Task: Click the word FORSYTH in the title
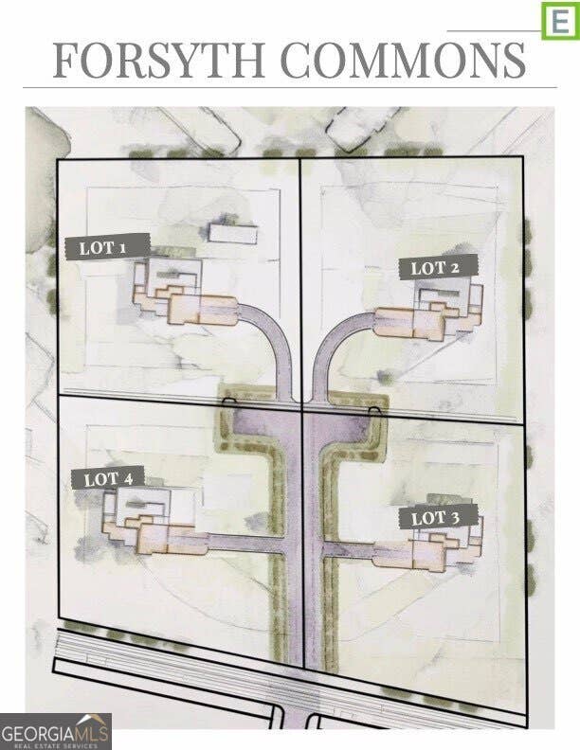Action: (x=158, y=61)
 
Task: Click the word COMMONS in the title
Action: (x=403, y=61)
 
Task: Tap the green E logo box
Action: (x=560, y=21)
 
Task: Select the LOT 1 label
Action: (x=108, y=247)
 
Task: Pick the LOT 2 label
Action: (x=439, y=267)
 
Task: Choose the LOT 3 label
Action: (x=439, y=517)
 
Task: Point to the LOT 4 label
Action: (x=108, y=478)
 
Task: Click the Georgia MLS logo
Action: (x=56, y=731)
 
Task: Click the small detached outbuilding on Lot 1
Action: (x=233, y=233)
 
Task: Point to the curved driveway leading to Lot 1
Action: (x=272, y=335)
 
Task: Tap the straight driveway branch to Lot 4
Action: (x=246, y=544)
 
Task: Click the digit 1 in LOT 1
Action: (x=122, y=247)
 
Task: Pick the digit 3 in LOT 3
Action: (x=454, y=517)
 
